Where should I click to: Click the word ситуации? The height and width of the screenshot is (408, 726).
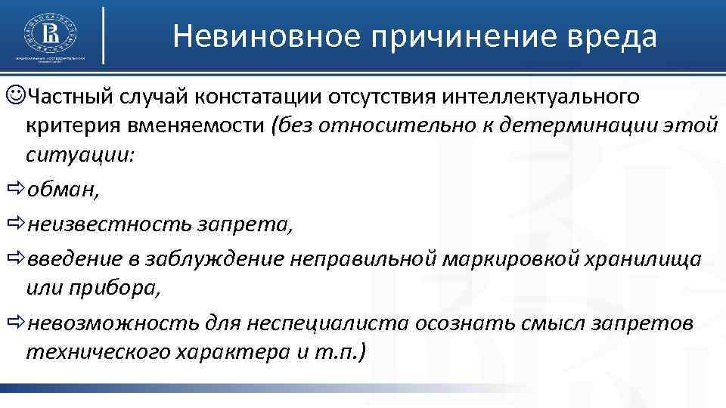coord(79,155)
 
